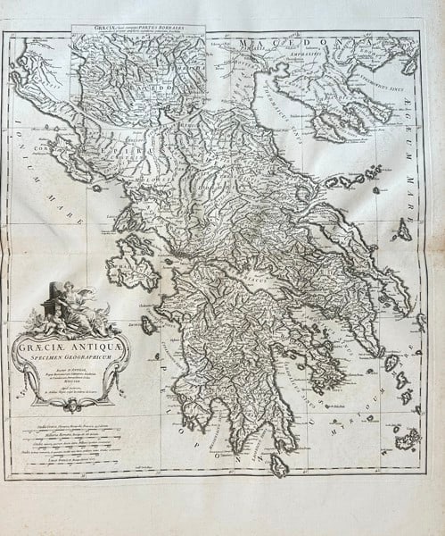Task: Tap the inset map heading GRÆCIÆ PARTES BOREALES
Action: (x=138, y=29)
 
